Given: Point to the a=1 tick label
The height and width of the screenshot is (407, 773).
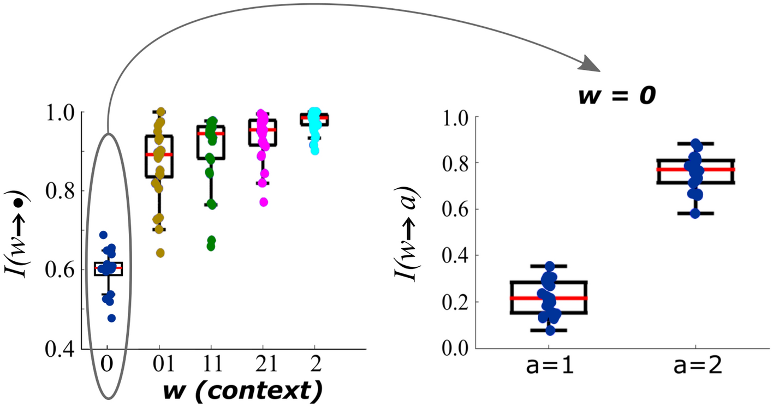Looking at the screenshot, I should click(549, 366).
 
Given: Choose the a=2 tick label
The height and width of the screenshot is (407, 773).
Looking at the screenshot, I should click(695, 366).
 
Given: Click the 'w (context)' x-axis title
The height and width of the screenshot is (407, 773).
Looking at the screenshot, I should click(242, 391).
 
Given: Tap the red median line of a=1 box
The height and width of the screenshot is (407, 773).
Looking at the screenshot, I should click(549, 298).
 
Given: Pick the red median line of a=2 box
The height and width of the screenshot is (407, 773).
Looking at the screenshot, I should click(695, 169).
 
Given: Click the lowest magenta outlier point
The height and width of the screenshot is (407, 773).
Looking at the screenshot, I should click(264, 202).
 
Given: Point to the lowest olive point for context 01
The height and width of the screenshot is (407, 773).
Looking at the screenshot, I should click(160, 253).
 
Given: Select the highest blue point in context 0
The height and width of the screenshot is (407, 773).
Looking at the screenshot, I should click(103, 235).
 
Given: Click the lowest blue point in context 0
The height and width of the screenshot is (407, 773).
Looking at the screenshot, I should click(111, 318).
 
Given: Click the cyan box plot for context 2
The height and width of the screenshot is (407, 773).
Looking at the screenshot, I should click(315, 120).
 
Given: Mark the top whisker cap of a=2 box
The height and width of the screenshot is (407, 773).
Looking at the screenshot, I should click(695, 144).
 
